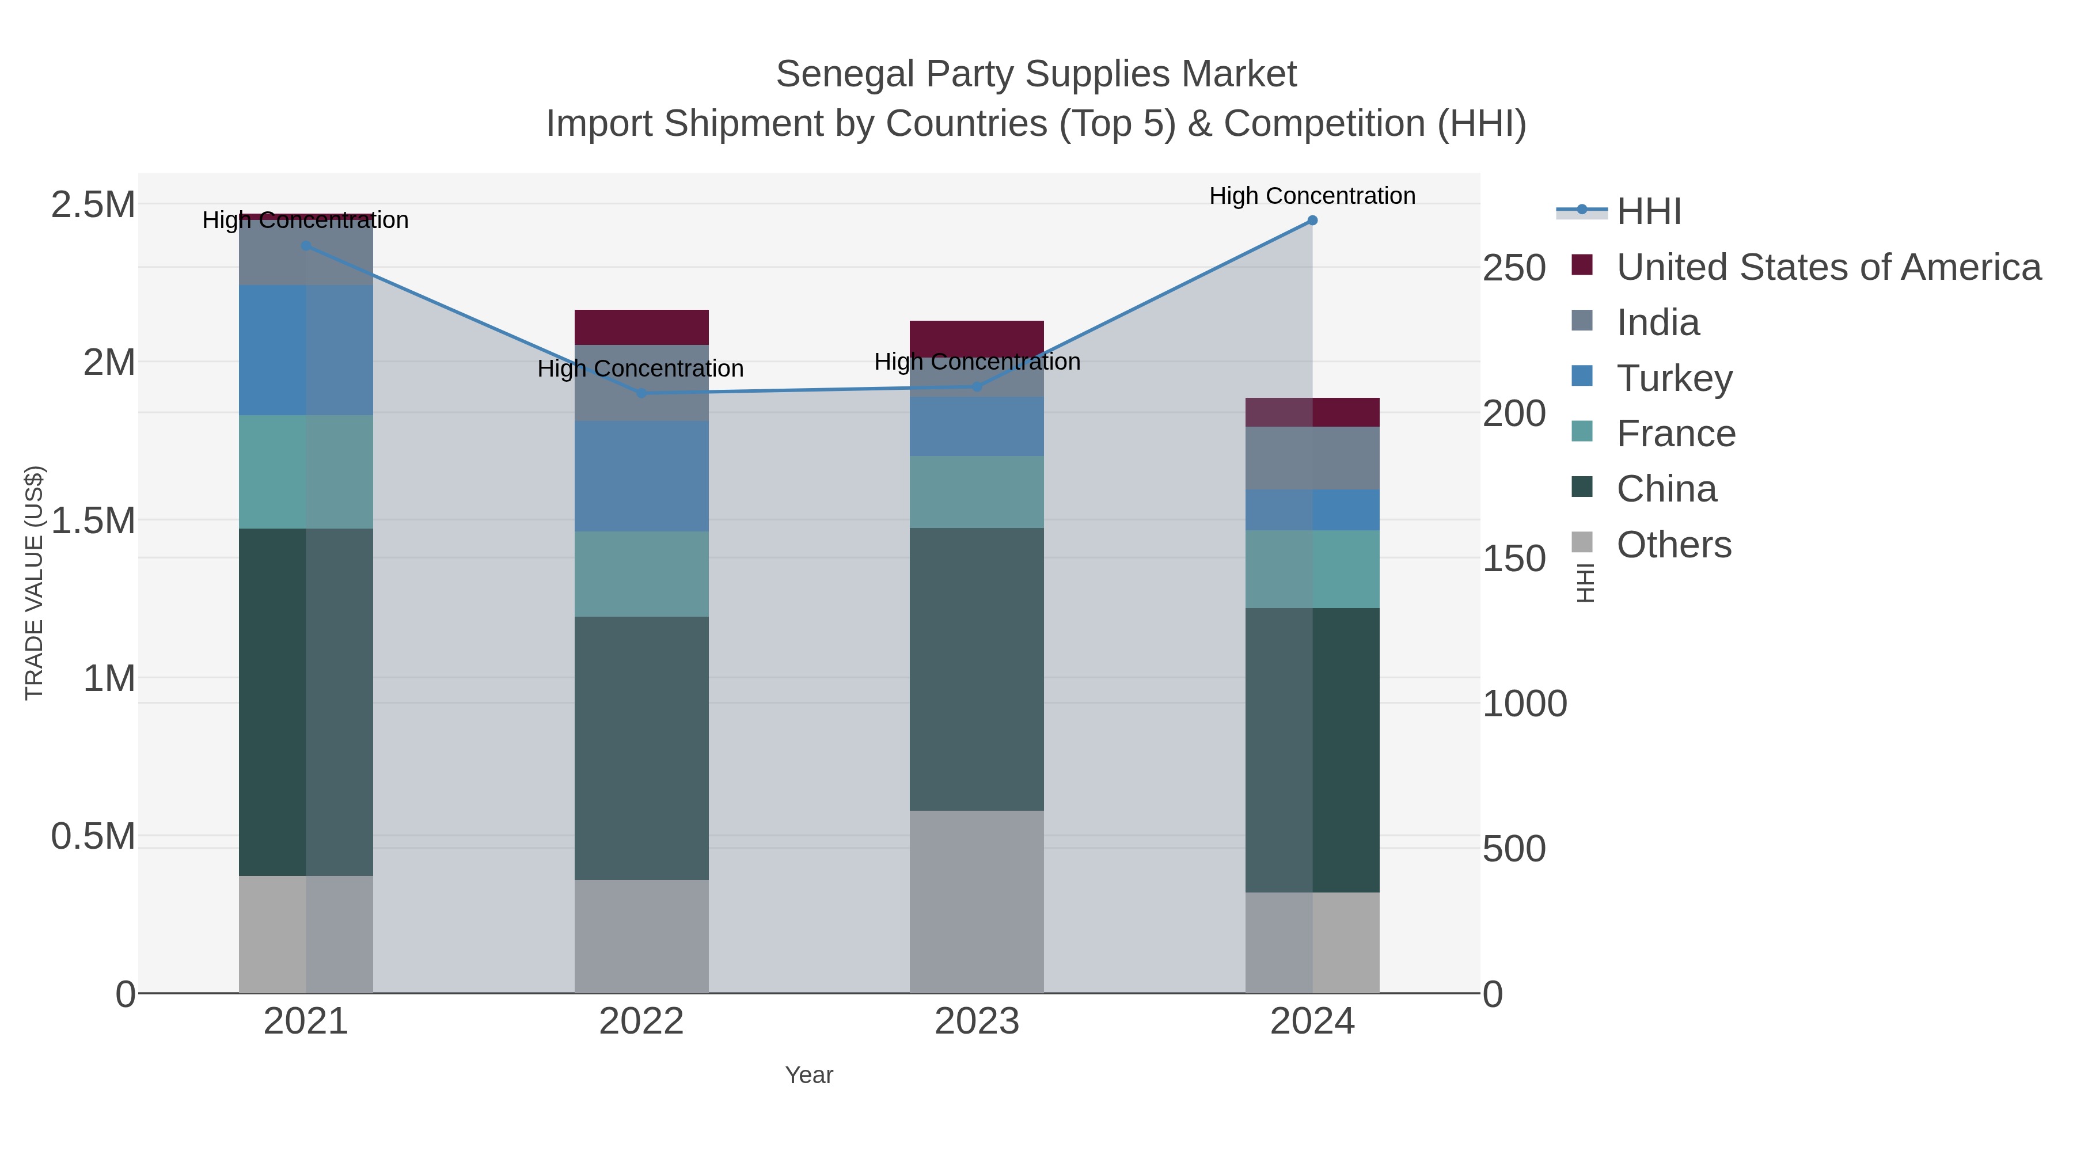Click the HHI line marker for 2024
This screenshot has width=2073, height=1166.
(x=1312, y=221)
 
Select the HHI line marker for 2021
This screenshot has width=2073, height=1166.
(x=306, y=245)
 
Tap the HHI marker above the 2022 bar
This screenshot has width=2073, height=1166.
(x=641, y=393)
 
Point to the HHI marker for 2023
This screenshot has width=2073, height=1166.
(x=977, y=387)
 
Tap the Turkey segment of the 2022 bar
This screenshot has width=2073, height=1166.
(x=641, y=476)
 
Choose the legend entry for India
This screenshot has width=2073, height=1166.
(x=1658, y=322)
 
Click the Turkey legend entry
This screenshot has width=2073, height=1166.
(x=1674, y=378)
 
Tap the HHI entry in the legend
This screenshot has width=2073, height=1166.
(x=1648, y=212)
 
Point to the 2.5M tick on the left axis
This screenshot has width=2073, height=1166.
(x=93, y=205)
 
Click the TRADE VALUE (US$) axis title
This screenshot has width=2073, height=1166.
(x=34, y=583)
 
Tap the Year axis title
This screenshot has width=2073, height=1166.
(x=809, y=1075)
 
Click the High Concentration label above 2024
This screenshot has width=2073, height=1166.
(x=1312, y=196)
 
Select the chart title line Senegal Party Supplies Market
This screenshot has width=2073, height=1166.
(x=1036, y=74)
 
